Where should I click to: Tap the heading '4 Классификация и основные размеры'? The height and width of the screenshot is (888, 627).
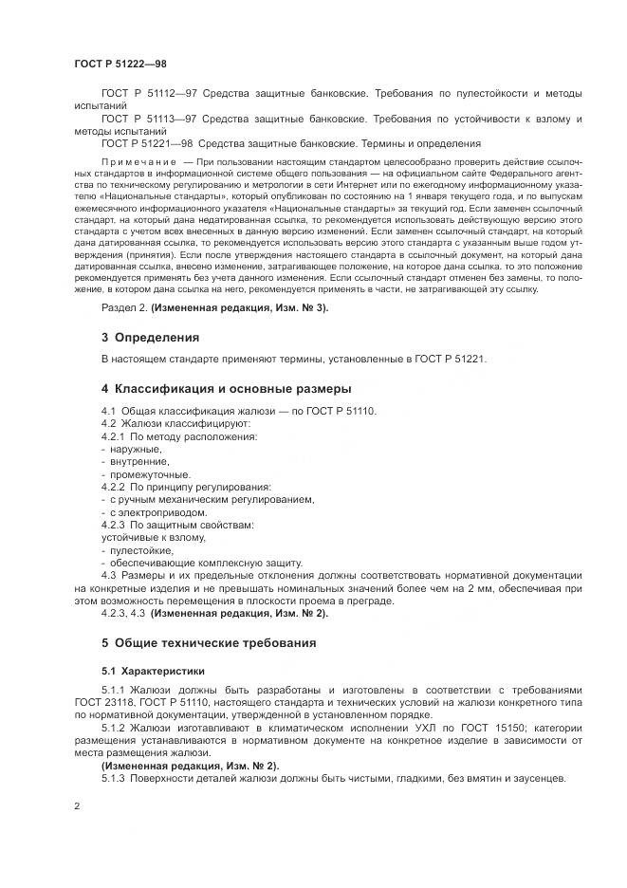(x=212, y=389)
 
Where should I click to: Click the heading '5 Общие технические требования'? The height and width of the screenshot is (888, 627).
(x=197, y=642)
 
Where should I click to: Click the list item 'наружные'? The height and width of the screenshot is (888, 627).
(x=135, y=448)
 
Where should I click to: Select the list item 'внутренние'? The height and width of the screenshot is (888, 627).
(x=138, y=461)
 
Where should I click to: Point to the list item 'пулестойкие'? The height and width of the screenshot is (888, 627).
(x=140, y=549)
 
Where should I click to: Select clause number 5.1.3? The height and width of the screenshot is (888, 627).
(x=113, y=778)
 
